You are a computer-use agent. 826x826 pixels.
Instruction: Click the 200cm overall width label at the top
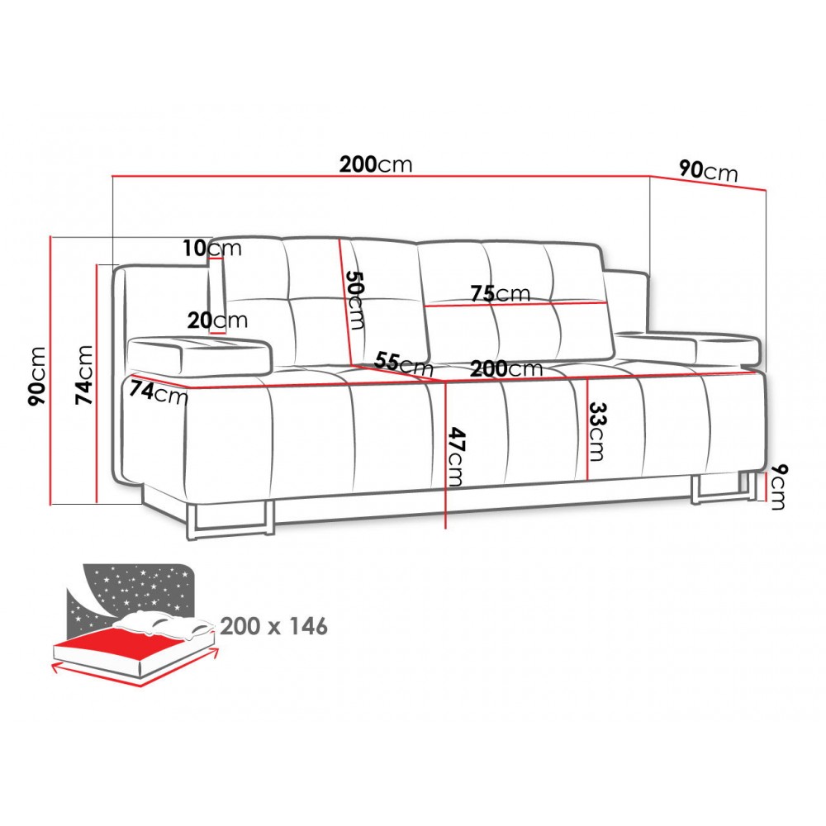tap(375, 164)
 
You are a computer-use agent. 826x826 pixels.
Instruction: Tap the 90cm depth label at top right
tap(708, 171)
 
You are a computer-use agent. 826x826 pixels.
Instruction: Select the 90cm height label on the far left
tap(37, 376)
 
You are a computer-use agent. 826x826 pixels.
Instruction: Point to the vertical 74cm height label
tap(83, 374)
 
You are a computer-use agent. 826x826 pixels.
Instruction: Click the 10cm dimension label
tap(212, 248)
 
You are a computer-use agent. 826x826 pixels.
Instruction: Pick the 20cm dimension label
tap(217, 320)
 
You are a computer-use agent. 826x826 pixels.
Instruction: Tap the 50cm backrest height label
tap(355, 301)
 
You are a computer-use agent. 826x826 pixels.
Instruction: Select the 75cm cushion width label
tap(501, 293)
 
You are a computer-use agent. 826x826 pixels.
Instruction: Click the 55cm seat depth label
tap(404, 363)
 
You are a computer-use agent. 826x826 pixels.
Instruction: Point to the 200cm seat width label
tap(506, 368)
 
